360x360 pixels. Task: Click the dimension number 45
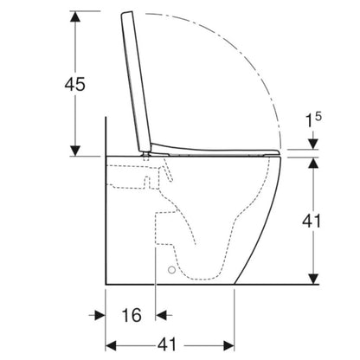[75, 84]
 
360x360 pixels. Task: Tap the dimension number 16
[132, 315]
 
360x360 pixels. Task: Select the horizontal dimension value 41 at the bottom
[167, 344]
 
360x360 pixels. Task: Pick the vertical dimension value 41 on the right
[312, 222]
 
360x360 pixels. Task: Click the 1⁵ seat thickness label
[313, 119]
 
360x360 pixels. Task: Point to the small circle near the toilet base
[171, 270]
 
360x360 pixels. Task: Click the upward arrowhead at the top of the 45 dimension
[75, 16]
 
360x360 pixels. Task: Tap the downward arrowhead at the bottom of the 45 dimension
[75, 151]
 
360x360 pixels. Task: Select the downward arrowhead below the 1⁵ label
[313, 145]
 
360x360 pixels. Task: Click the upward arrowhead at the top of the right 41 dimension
[313, 163]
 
